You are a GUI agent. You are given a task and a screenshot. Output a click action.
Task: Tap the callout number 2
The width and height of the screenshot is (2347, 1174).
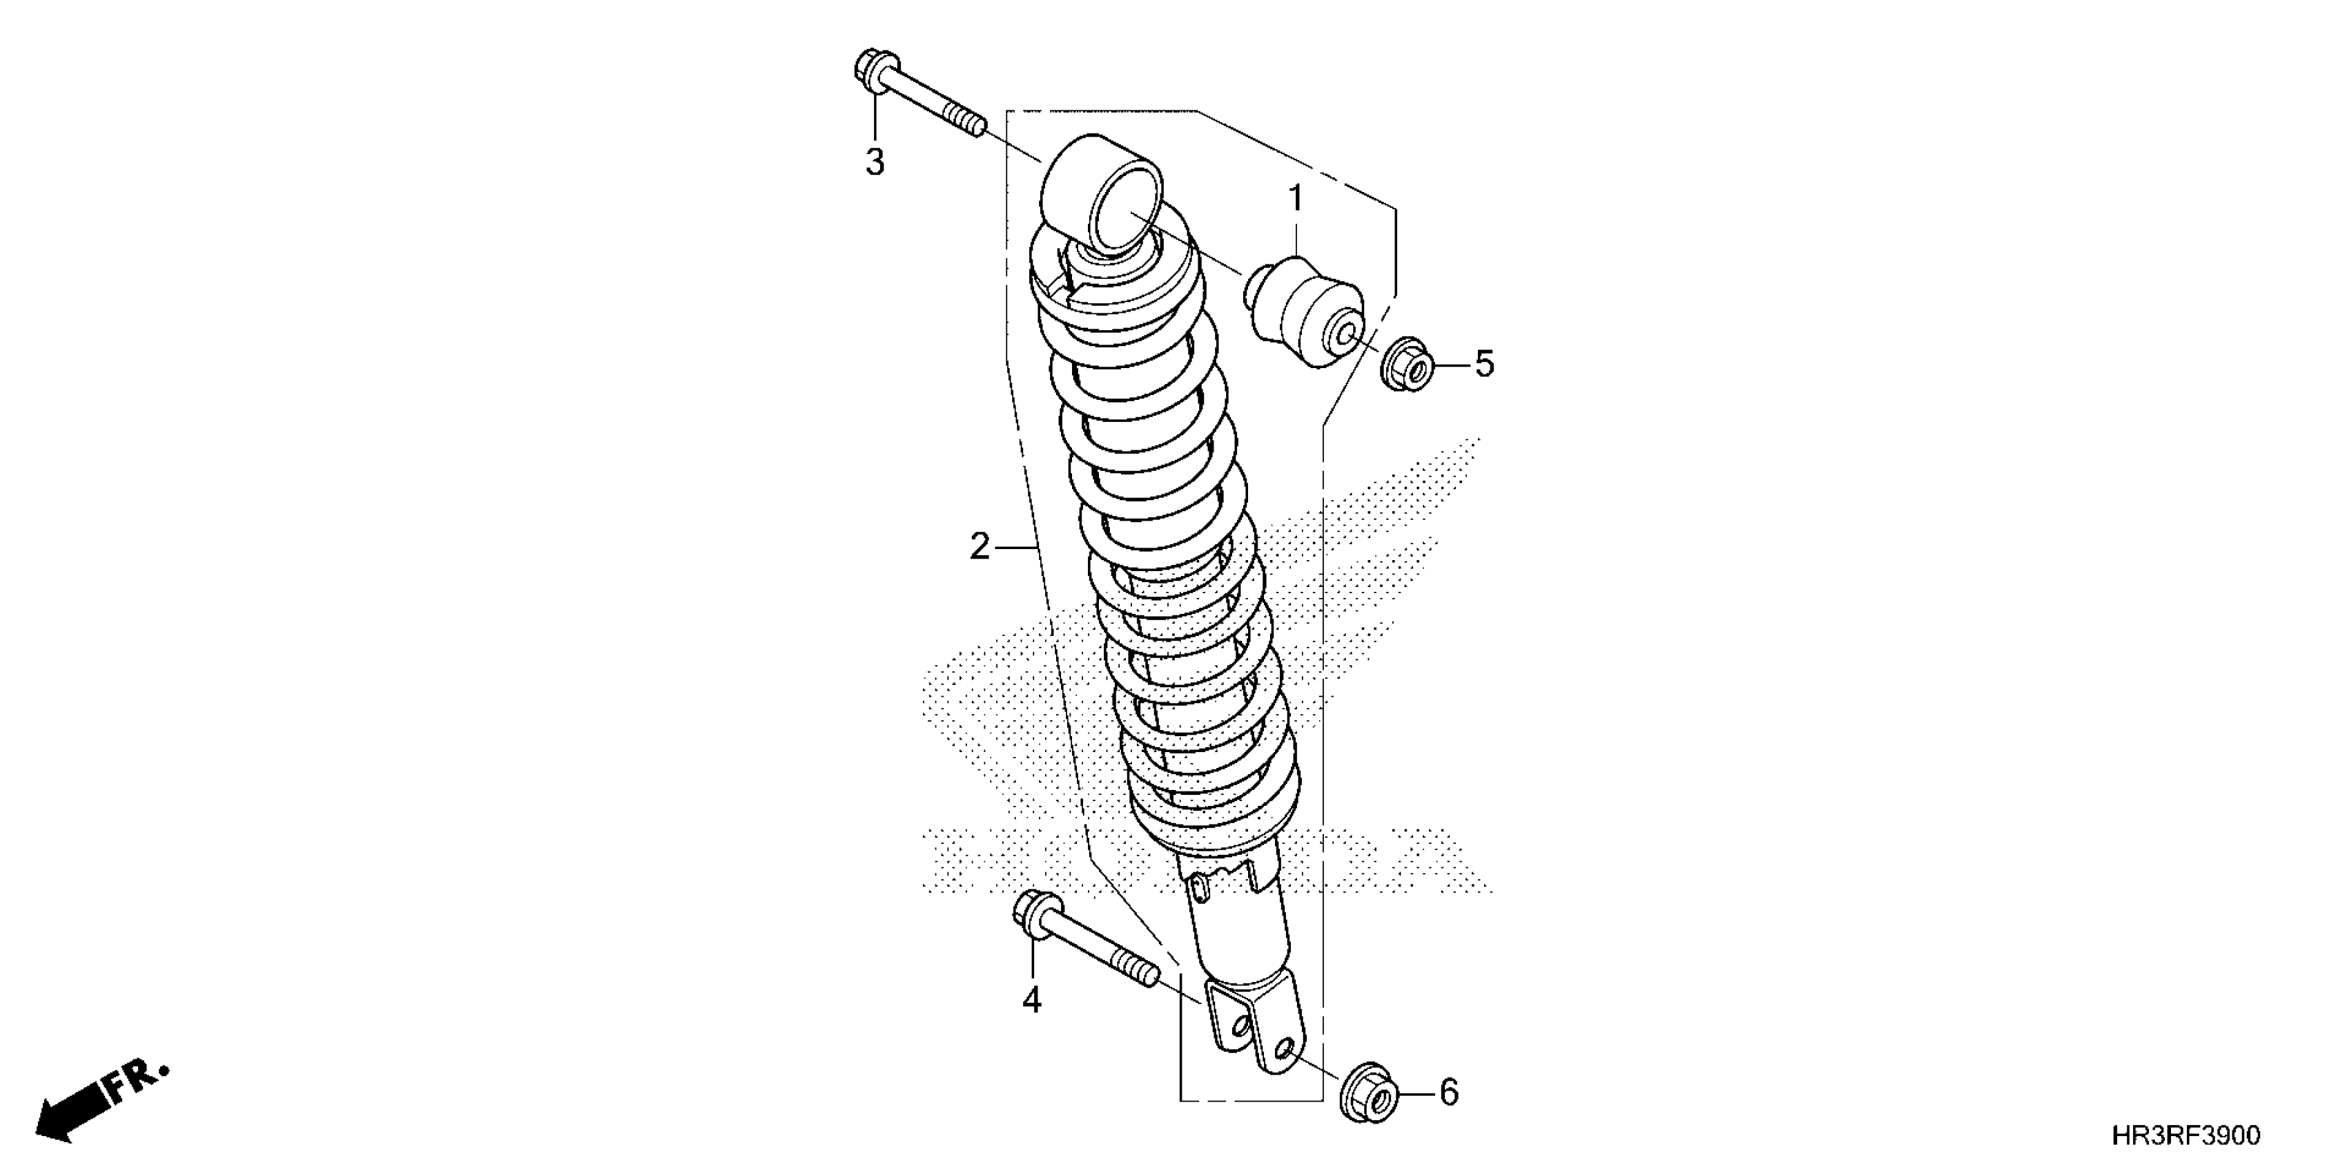980,547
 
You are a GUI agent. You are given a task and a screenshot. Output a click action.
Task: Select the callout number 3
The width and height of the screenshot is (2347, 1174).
875,163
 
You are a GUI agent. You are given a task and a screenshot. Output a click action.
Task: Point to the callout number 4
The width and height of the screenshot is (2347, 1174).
1031,1001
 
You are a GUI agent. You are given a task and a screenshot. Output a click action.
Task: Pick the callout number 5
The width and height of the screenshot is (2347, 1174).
1484,365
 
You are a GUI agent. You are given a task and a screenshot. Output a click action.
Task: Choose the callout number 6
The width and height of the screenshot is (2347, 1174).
1449,1092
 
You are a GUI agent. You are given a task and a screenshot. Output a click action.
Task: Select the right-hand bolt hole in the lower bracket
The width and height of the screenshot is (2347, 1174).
1282,1054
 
